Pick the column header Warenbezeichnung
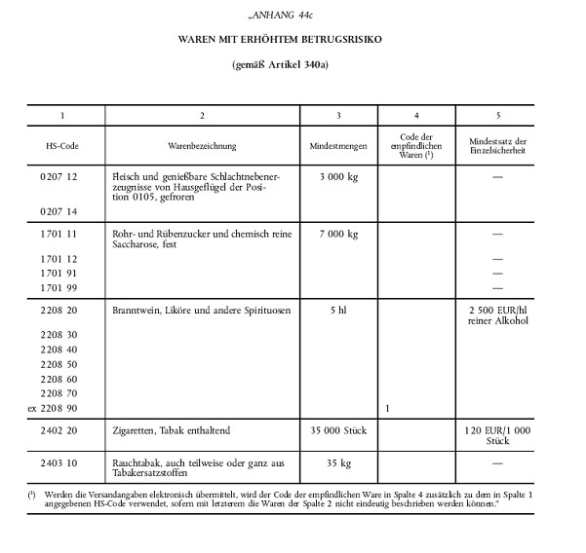click(202, 145)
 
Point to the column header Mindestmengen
click(339, 145)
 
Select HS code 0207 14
click(62, 210)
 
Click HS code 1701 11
click(62, 235)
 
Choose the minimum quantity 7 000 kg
click(339, 235)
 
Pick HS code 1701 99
click(62, 289)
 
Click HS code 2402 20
click(62, 430)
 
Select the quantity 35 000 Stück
click(339, 430)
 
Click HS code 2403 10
click(62, 462)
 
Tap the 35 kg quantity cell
click(339, 462)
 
